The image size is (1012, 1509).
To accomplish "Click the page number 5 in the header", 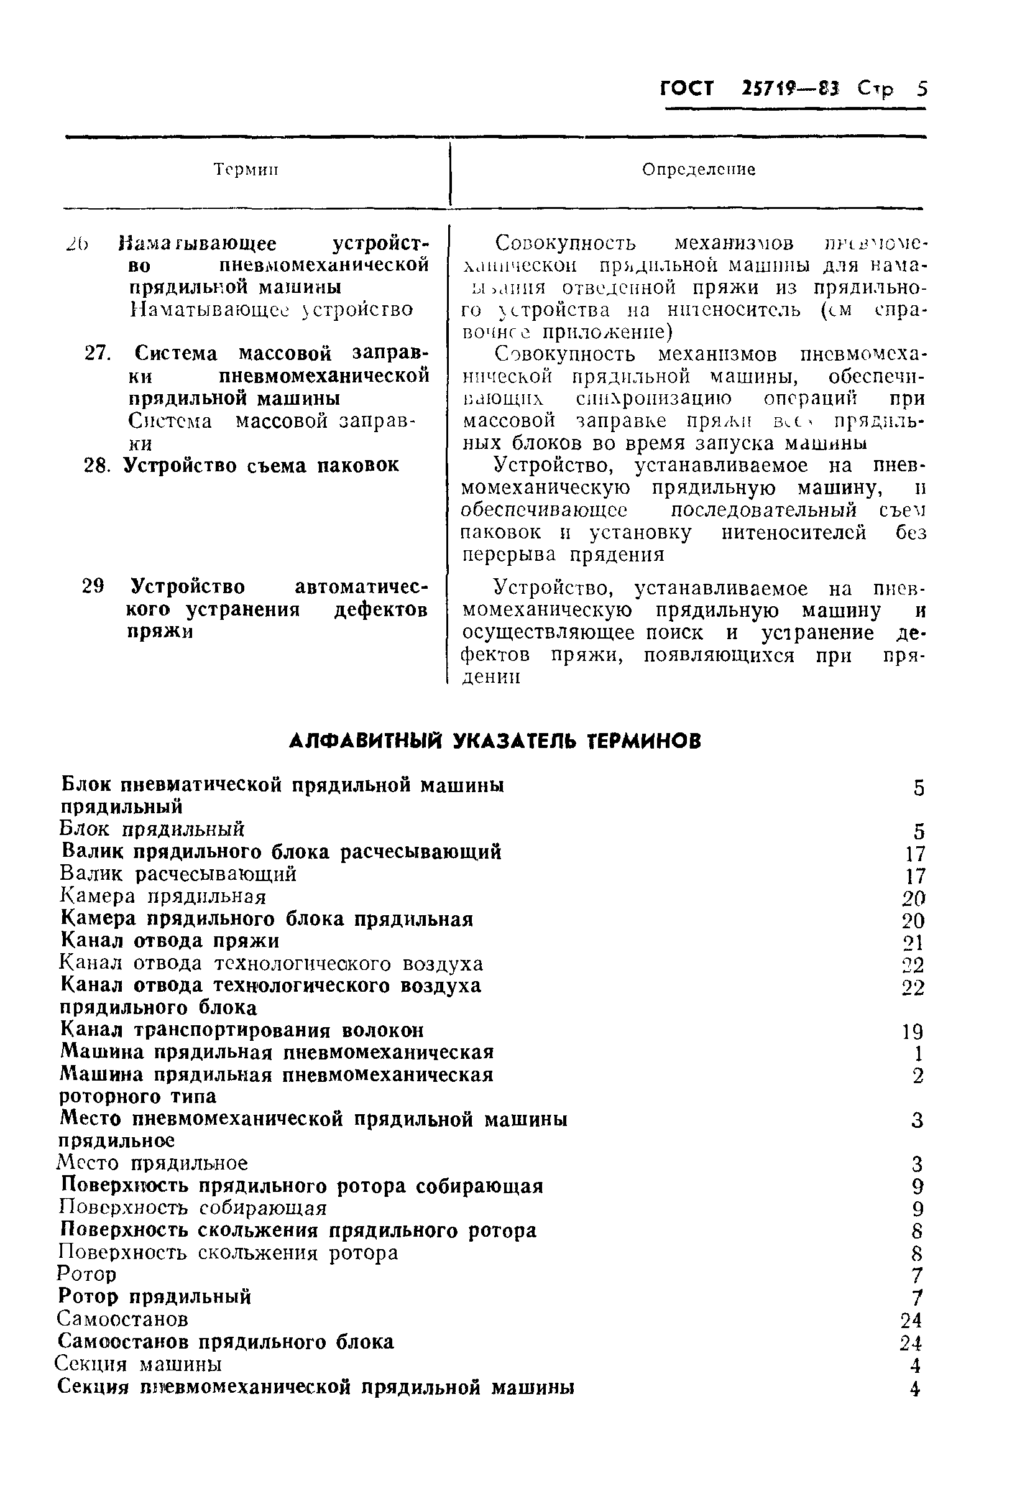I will (921, 88).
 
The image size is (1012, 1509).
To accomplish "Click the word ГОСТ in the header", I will (688, 88).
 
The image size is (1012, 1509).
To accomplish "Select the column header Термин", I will (246, 170).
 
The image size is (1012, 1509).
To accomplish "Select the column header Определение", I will (698, 170).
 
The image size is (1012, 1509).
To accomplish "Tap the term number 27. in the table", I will (98, 354).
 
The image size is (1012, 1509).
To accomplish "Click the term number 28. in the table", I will (98, 465).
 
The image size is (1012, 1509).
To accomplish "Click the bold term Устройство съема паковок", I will (260, 465).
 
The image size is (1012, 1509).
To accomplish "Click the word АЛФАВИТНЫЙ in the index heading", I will (366, 741).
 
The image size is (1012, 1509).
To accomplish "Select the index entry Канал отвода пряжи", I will (170, 940).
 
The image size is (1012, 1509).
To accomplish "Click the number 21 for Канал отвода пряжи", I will (913, 943).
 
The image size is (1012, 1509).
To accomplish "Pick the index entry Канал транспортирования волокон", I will (242, 1030).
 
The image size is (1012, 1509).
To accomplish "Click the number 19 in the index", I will (913, 1031).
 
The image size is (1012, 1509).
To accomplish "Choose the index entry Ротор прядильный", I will (154, 1296).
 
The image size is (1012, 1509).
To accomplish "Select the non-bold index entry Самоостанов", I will (122, 1319).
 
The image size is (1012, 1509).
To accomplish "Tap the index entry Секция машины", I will (139, 1363).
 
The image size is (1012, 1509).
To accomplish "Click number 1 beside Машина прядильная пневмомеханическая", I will (918, 1054).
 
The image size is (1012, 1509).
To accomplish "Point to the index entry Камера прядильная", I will (163, 897).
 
